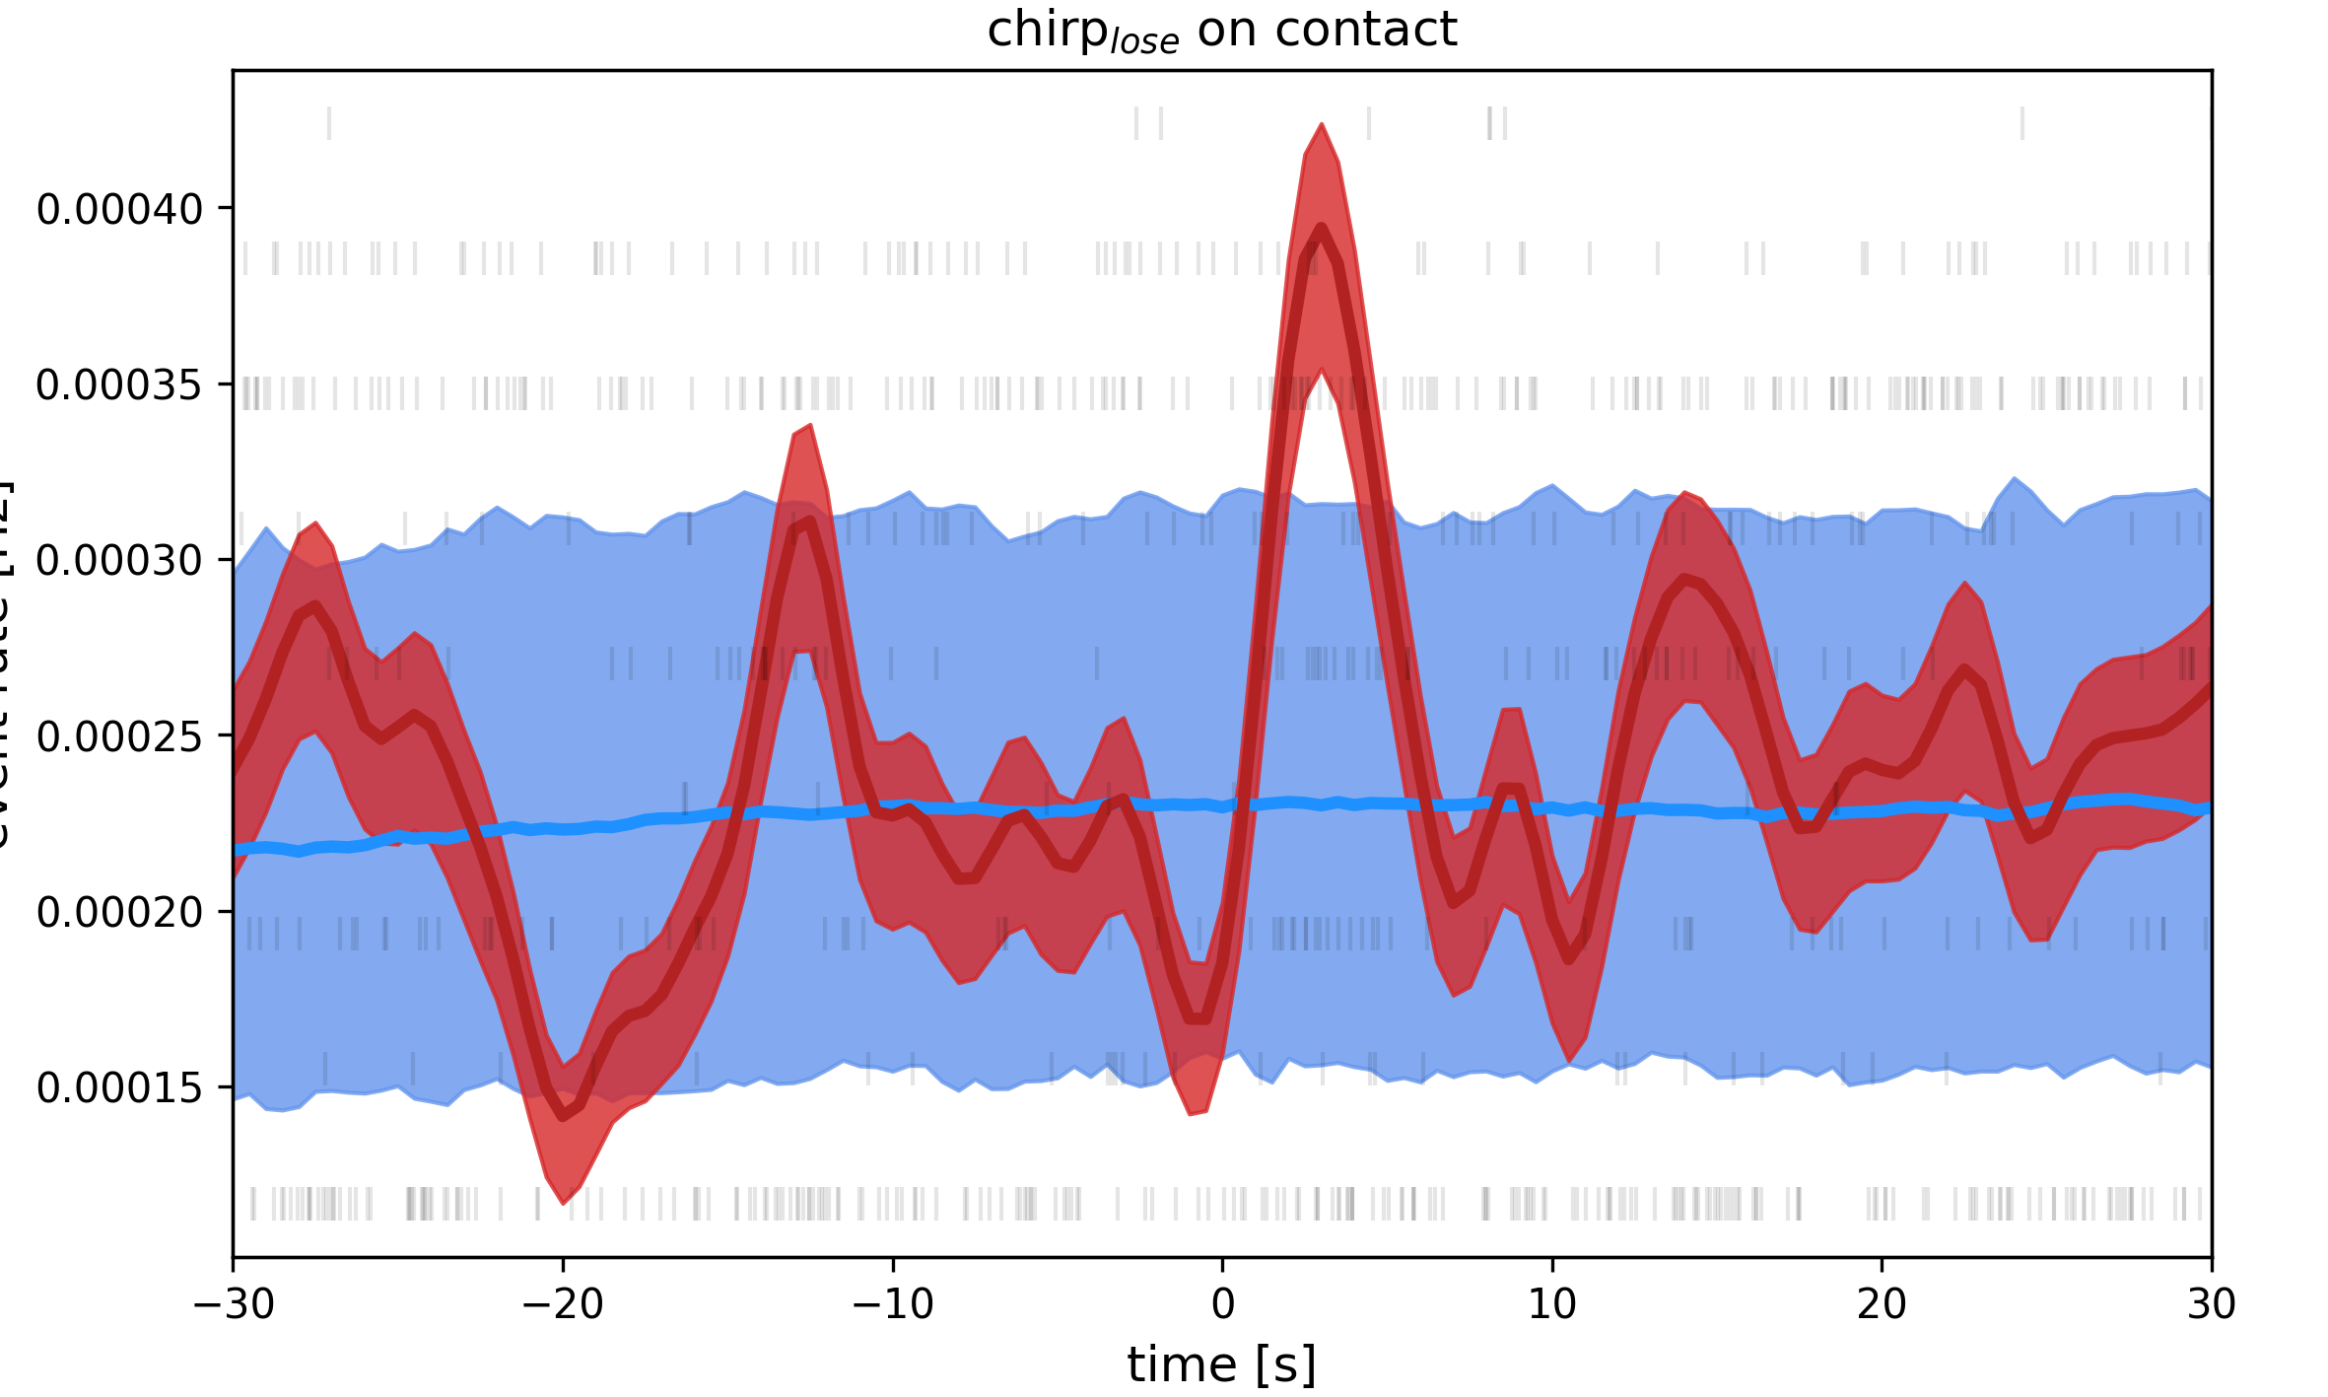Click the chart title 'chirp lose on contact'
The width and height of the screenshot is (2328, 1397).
(x=1221, y=31)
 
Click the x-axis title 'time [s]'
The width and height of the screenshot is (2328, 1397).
(x=1221, y=1365)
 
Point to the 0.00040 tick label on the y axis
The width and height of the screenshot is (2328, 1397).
(x=119, y=209)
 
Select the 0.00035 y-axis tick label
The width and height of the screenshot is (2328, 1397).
(x=119, y=384)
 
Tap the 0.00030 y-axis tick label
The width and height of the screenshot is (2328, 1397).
(x=119, y=560)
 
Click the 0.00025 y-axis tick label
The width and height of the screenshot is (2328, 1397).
(x=119, y=736)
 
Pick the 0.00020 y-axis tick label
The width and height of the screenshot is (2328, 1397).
(x=119, y=912)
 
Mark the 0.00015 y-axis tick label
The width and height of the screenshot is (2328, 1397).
(x=119, y=1087)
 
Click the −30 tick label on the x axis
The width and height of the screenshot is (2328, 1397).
(x=234, y=1304)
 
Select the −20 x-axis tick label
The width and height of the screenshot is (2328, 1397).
(x=563, y=1304)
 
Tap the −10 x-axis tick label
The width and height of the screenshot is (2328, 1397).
(x=893, y=1304)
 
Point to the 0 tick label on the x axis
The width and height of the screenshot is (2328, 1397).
(x=1222, y=1304)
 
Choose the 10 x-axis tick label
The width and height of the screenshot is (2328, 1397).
(x=1552, y=1304)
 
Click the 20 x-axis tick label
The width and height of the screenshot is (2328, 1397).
(x=1882, y=1304)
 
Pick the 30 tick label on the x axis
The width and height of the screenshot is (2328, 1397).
(x=2211, y=1304)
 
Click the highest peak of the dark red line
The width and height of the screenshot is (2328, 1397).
(x=1321, y=228)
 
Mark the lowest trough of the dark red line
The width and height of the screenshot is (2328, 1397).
(x=564, y=1116)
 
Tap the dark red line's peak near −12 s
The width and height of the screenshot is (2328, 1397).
(x=809, y=521)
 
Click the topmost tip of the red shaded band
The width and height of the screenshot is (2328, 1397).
(x=1321, y=125)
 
